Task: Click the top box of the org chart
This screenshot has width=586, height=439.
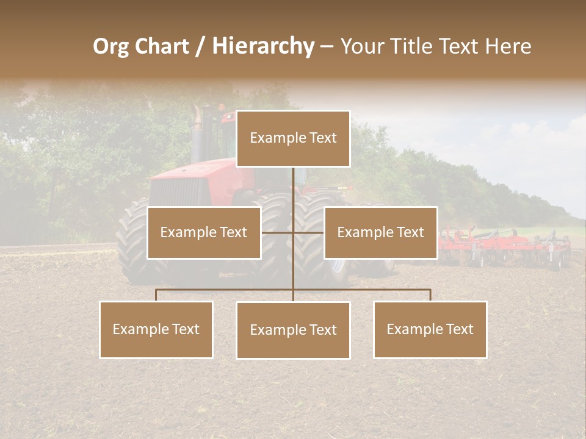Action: coord(293,138)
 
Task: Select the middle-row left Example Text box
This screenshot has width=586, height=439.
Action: coord(204,232)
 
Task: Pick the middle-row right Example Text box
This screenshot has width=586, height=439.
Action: coord(380,232)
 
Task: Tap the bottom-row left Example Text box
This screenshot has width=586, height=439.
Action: coord(156,329)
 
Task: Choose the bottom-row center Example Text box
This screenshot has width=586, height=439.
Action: coord(293,330)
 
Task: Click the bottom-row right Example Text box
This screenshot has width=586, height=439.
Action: coord(430,329)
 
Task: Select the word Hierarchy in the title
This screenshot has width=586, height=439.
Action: coord(262,47)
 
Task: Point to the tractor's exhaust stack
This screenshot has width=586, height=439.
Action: coord(197,125)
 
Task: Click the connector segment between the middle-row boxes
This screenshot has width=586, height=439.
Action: coord(293,232)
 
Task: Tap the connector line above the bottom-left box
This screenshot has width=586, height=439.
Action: coord(156,295)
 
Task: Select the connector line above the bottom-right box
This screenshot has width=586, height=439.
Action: coord(430,295)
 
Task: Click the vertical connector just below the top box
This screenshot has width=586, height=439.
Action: coord(293,183)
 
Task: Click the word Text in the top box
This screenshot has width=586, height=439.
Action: coord(322,138)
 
